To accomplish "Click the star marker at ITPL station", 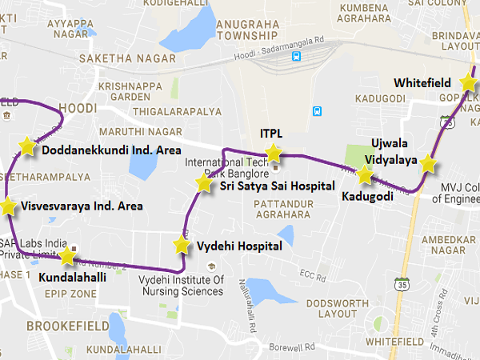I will (x=274, y=153).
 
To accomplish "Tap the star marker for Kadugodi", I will (x=365, y=175).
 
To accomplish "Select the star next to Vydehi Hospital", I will (x=182, y=245).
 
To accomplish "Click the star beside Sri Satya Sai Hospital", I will (x=204, y=184).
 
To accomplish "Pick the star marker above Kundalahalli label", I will (x=67, y=257).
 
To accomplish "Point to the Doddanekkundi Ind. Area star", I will (x=27, y=146).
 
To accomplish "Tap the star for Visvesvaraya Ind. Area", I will (x=8, y=206).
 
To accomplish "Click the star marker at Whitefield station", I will (x=470, y=82).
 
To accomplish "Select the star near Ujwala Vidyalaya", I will (x=429, y=164).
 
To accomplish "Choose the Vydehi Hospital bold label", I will (x=239, y=246).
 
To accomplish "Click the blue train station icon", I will (x=297, y=57).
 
